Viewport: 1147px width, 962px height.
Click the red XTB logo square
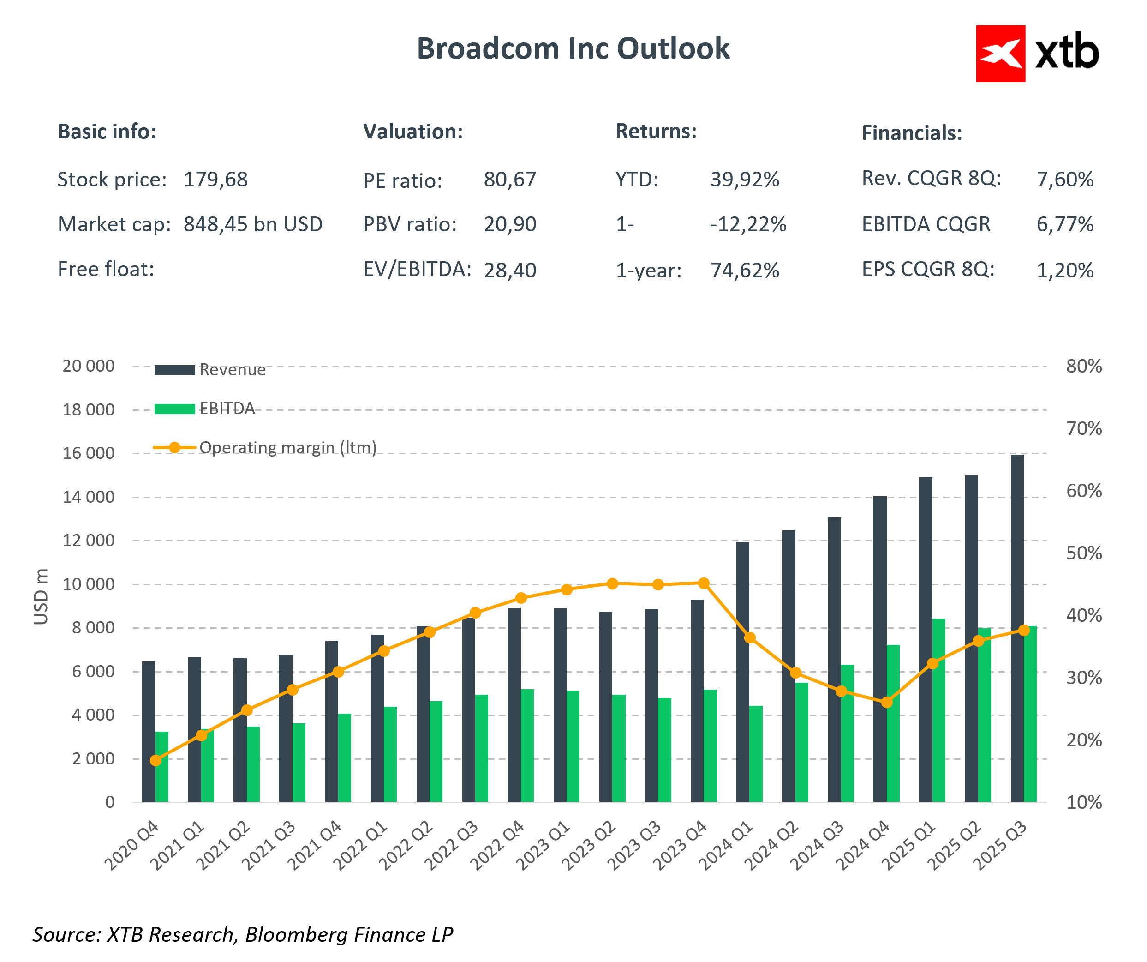[1000, 54]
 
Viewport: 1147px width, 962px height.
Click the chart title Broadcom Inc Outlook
[573, 48]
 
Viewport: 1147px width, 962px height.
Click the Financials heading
[912, 133]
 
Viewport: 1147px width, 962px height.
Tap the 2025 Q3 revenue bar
[1017, 629]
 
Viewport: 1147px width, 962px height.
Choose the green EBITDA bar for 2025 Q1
[939, 710]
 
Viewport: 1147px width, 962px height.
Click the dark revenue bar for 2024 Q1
[743, 672]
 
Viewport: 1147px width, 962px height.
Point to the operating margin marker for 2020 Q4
[155, 760]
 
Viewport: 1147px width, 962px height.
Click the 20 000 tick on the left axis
[89, 366]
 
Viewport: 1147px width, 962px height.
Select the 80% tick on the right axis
[1084, 366]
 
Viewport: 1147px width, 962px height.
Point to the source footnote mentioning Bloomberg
[243, 935]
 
